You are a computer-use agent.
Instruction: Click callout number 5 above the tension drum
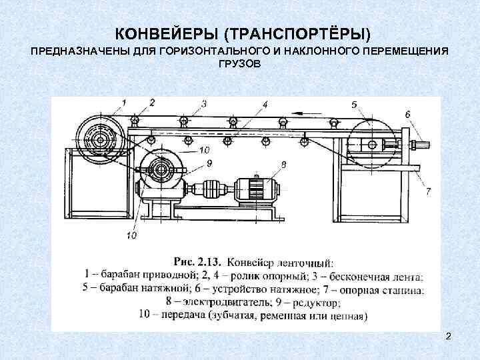click(x=353, y=104)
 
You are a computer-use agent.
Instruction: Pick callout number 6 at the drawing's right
click(x=407, y=113)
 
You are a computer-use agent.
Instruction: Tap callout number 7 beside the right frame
click(x=427, y=191)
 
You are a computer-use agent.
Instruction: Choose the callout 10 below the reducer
click(x=131, y=235)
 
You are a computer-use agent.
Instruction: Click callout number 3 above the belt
click(x=203, y=103)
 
